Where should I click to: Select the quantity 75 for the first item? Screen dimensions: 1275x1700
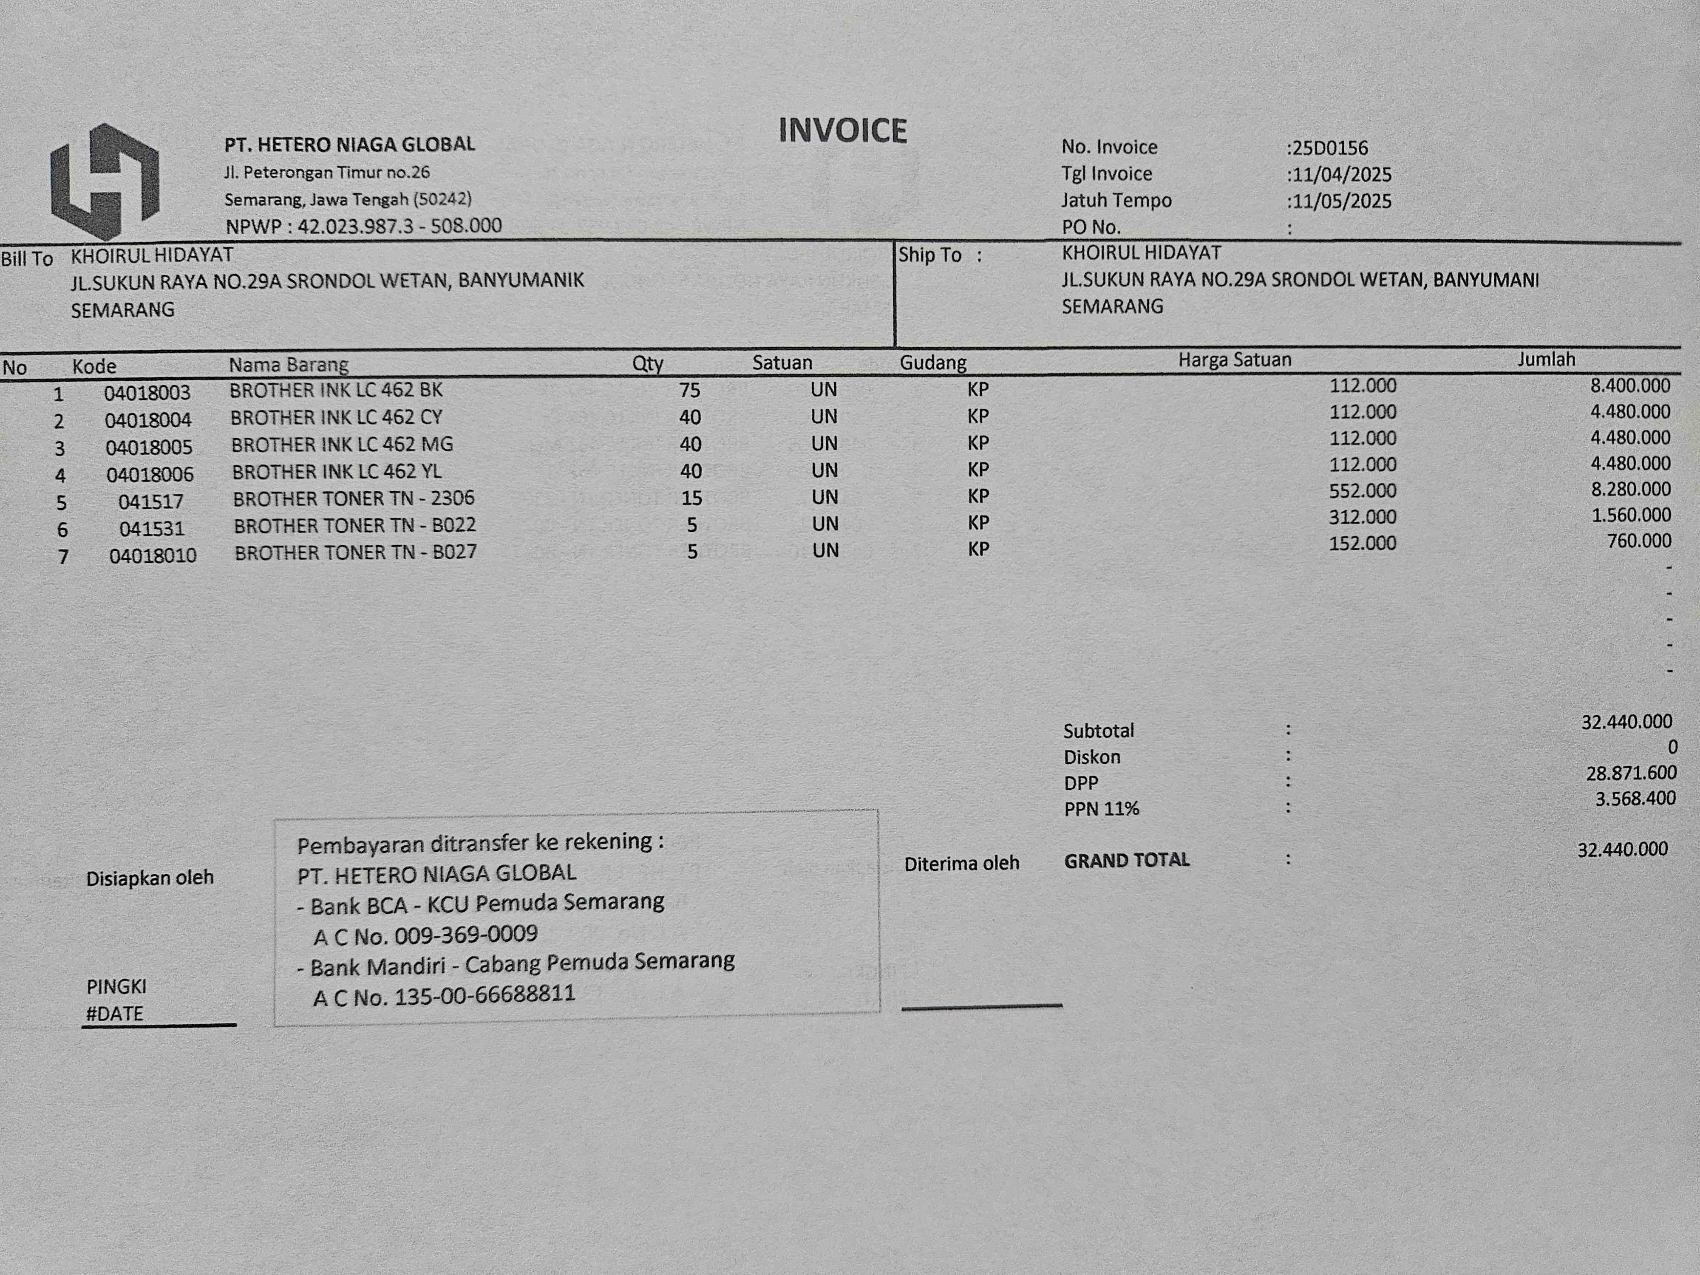point(689,391)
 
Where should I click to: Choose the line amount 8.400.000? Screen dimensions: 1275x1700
point(1630,386)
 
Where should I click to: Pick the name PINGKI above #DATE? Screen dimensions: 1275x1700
point(116,986)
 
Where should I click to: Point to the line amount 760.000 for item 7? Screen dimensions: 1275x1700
point(1638,541)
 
